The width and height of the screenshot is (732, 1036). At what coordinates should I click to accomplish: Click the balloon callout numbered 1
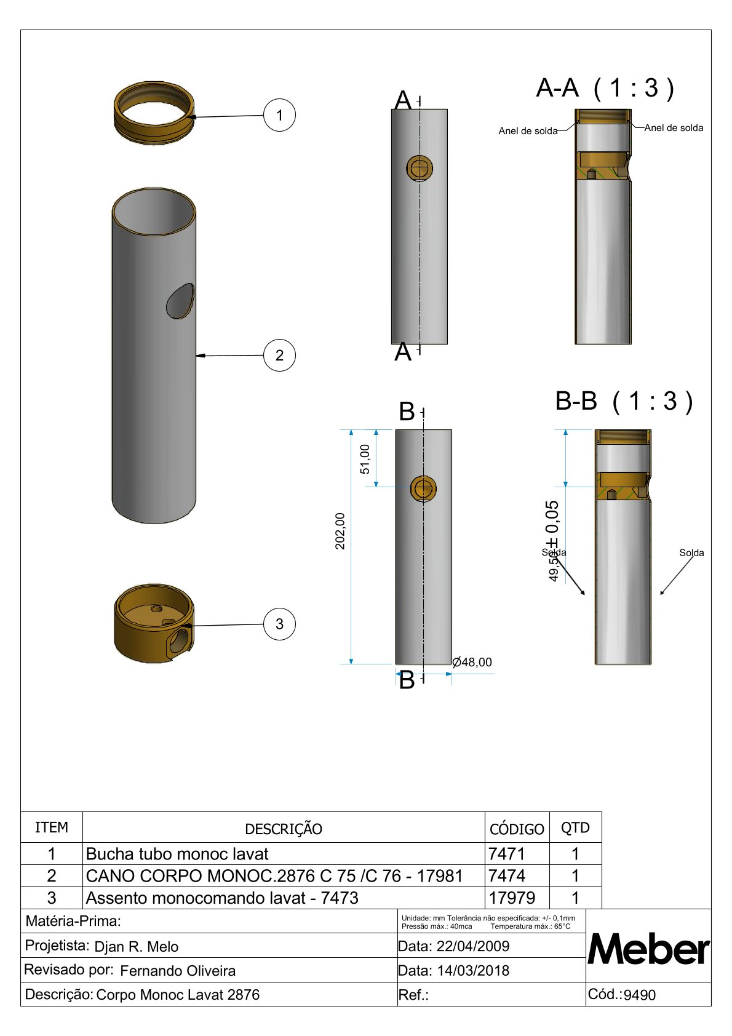[x=279, y=115]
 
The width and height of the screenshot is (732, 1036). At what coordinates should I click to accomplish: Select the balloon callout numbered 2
[x=279, y=355]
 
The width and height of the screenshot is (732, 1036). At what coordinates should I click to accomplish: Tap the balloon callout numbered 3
[x=279, y=624]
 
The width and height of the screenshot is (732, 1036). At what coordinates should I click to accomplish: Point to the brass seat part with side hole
[x=154, y=623]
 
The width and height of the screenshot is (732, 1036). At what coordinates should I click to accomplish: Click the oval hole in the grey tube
[x=180, y=301]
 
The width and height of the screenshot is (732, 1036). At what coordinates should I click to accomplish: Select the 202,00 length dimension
[x=340, y=531]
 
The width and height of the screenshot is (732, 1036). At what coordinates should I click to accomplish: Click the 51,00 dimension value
[x=365, y=460]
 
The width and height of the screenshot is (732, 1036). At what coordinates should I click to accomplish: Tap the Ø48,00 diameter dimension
[x=472, y=663]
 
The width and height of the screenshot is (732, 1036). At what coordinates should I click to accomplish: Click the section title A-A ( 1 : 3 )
[x=605, y=87]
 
